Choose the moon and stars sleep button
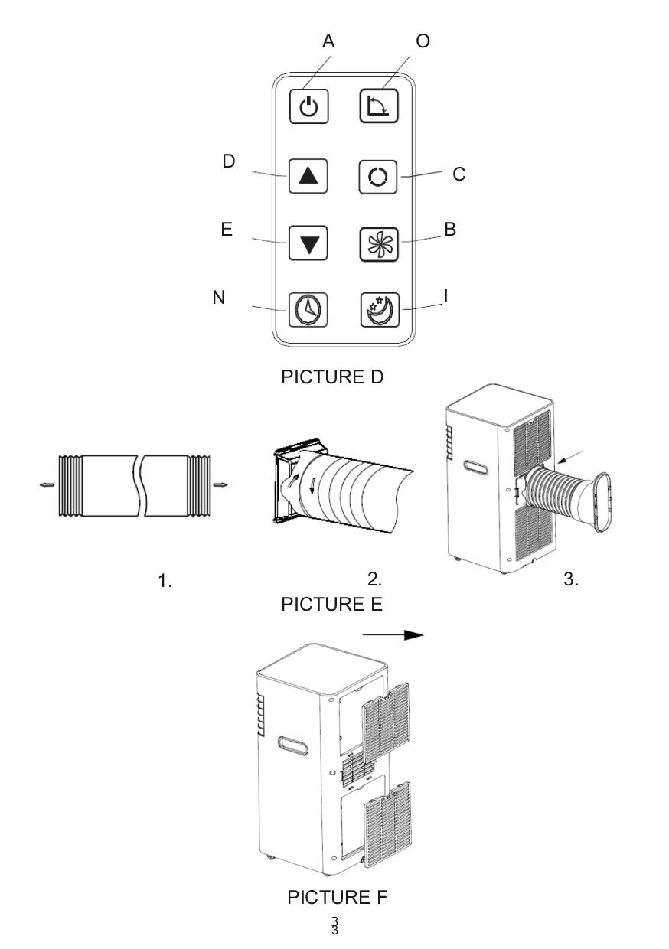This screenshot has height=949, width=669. click(x=380, y=311)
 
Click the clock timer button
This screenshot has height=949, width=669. click(x=308, y=311)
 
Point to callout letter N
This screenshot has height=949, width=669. click(x=219, y=298)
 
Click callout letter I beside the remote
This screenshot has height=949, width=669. click(x=445, y=295)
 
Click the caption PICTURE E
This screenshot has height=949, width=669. click(x=331, y=604)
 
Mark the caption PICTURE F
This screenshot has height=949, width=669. click(x=337, y=897)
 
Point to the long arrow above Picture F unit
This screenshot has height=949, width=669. click(x=393, y=634)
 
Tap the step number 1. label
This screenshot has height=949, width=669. click(x=165, y=581)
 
